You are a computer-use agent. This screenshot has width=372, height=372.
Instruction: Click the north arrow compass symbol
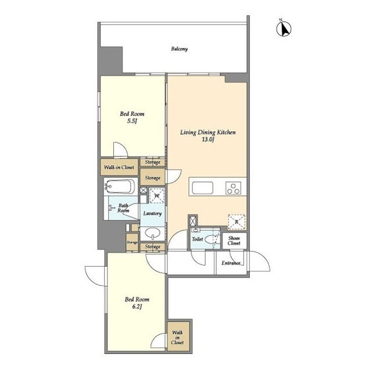pyautogui.click(x=284, y=28)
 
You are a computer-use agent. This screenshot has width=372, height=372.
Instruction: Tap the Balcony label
pyautogui.click(x=180, y=49)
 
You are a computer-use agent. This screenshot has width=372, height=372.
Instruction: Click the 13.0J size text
pyautogui.click(x=208, y=139)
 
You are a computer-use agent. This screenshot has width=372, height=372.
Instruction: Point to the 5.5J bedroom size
pyautogui.click(x=132, y=121)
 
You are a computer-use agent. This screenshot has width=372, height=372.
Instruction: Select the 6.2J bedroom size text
pyautogui.click(x=137, y=307)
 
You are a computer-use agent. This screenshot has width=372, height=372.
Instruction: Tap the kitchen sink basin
pyautogui.click(x=202, y=188)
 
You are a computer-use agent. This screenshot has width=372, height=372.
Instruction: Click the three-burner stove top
pyautogui.click(x=234, y=188)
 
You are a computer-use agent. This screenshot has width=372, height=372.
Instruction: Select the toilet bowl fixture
pyautogui.click(x=210, y=239)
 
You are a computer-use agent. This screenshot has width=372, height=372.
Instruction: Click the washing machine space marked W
pyautogui.click(x=157, y=195)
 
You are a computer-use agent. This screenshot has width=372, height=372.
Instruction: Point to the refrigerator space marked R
pyautogui.click(x=237, y=222)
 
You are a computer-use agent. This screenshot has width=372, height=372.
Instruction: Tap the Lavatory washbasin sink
pyautogui.click(x=152, y=234)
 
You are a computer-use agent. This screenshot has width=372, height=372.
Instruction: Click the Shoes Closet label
pyautogui.click(x=234, y=241)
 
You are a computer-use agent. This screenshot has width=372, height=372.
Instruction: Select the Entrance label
pyautogui.click(x=231, y=263)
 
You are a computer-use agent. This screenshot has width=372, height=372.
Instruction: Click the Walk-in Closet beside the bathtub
pyautogui.click(x=119, y=167)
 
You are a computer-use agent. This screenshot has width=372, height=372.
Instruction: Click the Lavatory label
pyautogui.click(x=152, y=213)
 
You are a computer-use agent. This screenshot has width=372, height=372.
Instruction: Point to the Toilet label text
pyautogui.click(x=198, y=239)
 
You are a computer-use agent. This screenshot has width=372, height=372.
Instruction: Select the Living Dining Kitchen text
pyautogui.click(x=208, y=133)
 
